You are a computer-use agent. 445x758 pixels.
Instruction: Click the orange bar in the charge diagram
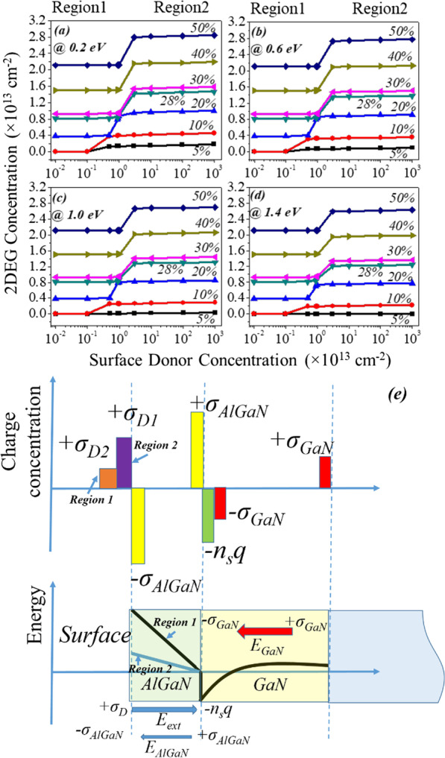[x=108, y=479]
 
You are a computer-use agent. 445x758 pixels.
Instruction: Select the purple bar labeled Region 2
[x=124, y=462]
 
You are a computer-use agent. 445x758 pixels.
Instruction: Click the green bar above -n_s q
[x=208, y=515]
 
